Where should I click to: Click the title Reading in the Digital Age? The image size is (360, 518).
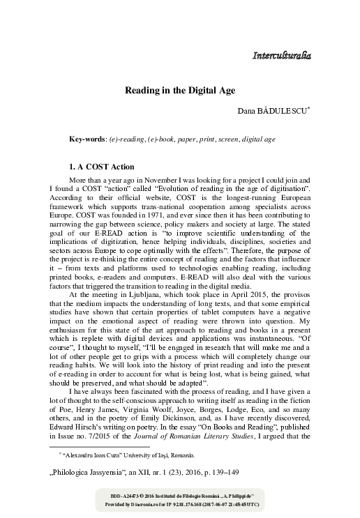(x=179, y=91)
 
